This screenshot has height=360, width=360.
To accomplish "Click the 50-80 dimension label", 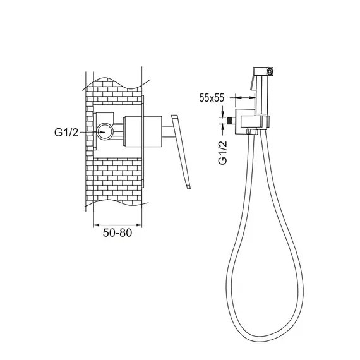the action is (x=117, y=233).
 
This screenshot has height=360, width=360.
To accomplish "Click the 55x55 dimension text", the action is (x=211, y=98).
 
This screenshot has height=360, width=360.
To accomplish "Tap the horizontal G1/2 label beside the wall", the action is (x=66, y=133).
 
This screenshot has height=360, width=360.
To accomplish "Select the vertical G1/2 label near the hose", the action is (x=222, y=153).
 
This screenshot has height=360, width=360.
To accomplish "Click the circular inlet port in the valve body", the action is (x=105, y=132).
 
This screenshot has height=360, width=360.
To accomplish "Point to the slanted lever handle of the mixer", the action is (x=181, y=152).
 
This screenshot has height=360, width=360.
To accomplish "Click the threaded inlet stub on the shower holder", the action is (x=230, y=121).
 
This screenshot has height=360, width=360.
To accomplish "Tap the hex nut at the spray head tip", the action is (x=270, y=71).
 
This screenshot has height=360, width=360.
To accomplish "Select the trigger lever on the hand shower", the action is (x=253, y=82).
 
